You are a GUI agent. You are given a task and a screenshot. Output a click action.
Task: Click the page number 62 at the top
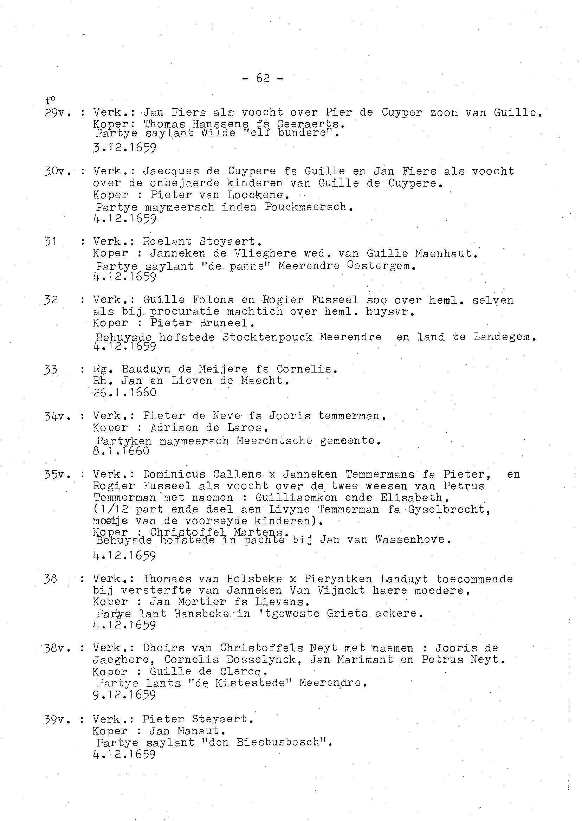tap(263, 78)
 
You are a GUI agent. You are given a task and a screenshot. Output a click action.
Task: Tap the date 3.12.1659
tap(124, 148)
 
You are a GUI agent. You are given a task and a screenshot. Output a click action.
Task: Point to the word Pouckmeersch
tap(306, 207)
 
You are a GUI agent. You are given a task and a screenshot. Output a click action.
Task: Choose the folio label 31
tap(51, 241)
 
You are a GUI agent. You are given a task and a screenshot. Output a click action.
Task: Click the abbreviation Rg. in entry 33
tap(103, 369)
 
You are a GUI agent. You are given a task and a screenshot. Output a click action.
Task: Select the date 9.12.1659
tap(124, 695)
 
